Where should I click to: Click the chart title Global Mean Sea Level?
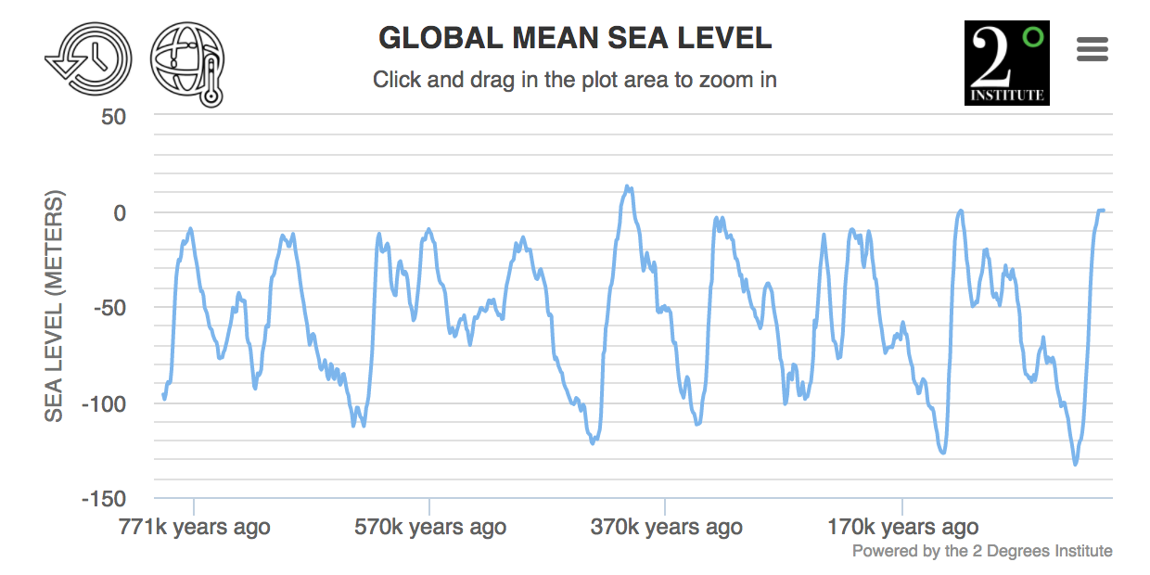tap(575, 38)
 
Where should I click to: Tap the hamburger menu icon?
tap(1092, 49)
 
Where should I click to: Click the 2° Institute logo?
tap(1006, 62)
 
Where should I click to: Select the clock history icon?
tap(88, 58)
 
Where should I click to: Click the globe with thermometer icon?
tap(188, 62)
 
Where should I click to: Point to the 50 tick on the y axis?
tap(113, 117)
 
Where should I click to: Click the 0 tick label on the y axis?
tap(119, 212)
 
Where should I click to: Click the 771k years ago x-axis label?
tap(194, 528)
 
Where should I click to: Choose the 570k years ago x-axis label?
tap(430, 528)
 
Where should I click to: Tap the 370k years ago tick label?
tap(666, 528)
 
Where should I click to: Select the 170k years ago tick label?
tap(902, 528)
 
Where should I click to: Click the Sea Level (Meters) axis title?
tap(55, 306)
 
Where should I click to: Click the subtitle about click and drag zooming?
tap(575, 80)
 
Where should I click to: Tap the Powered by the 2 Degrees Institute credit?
tap(982, 551)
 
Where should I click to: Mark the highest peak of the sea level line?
tap(628, 186)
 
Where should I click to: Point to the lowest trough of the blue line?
tap(1075, 465)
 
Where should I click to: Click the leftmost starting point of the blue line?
tap(163, 394)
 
